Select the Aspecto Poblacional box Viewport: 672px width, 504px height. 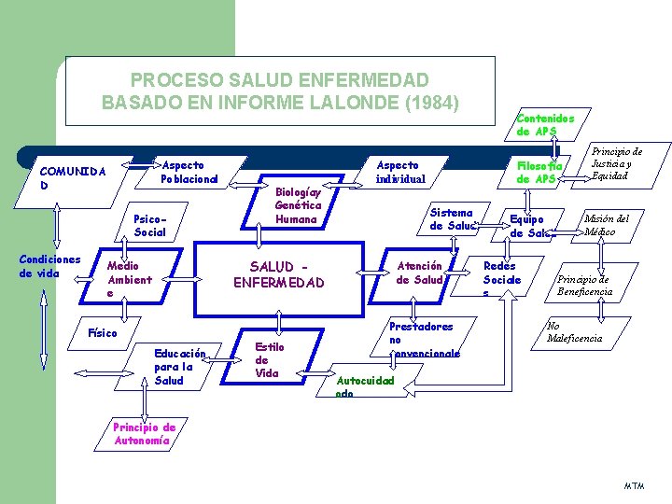pyautogui.click(x=189, y=172)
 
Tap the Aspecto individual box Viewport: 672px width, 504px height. pyautogui.click(x=399, y=172)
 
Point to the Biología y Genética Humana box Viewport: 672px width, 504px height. pyautogui.click(x=298, y=205)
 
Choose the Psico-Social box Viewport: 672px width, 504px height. pyautogui.click(x=150, y=225)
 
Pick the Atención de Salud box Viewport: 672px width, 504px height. pyautogui.click(x=419, y=273)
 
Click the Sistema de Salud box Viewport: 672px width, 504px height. pyautogui.click(x=452, y=218)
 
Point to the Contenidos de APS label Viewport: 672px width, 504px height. pyautogui.click(x=539, y=124)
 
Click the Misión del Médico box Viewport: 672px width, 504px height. pyautogui.click(x=606, y=224)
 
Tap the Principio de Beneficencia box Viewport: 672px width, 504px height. pyautogui.click(x=585, y=286)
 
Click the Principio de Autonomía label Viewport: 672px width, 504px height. pyautogui.click(x=144, y=433)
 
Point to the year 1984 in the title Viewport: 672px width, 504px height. pyautogui.click(x=427, y=100)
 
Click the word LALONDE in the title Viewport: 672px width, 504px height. pyautogui.click(x=341, y=100)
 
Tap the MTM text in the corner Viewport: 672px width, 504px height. pyautogui.click(x=634, y=486)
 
